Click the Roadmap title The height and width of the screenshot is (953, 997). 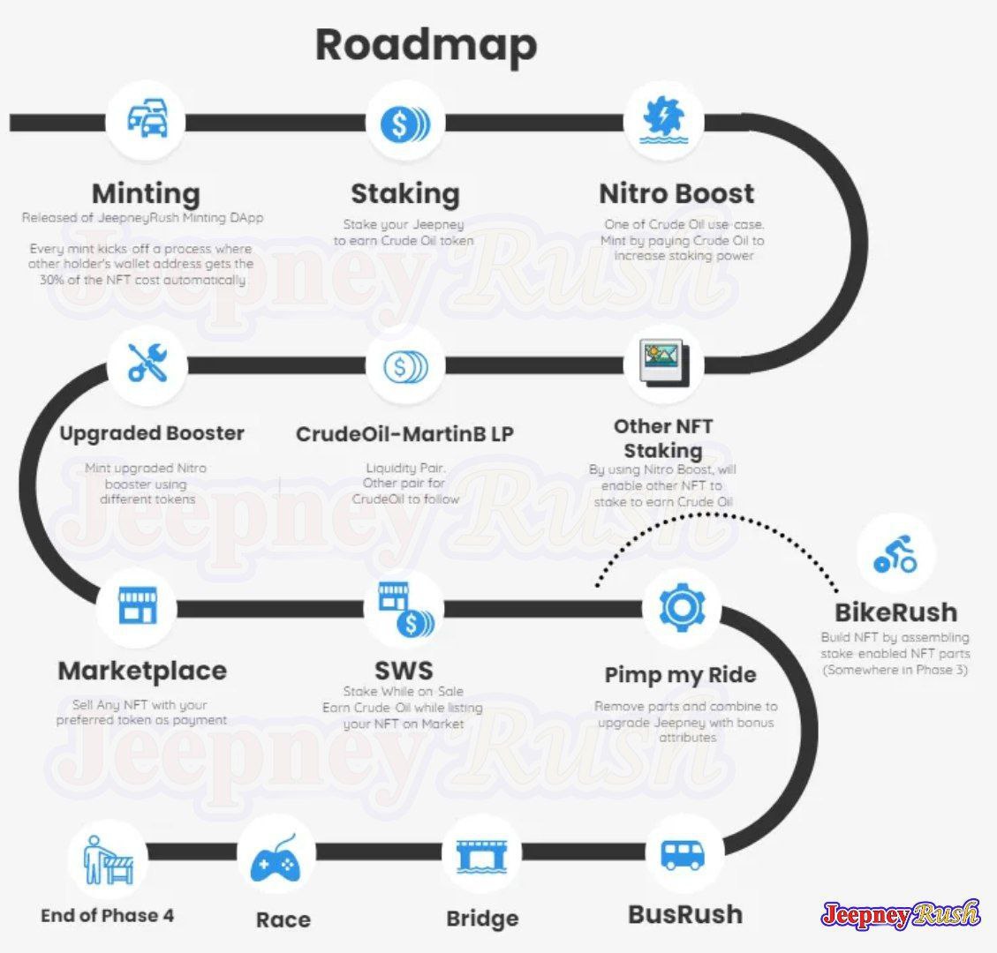(426, 46)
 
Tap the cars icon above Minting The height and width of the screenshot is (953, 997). (147, 118)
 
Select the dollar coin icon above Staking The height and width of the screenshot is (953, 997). (405, 124)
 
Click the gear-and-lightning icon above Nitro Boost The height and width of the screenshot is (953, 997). (664, 119)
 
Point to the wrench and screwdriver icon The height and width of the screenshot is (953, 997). (147, 363)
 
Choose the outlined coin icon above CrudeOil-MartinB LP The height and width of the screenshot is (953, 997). (405, 366)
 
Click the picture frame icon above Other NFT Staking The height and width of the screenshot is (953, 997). (664, 363)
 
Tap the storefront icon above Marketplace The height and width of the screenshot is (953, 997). (138, 604)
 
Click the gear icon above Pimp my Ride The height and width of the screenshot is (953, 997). (682, 608)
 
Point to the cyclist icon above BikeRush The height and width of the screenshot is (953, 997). (895, 554)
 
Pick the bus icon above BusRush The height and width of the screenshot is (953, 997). (683, 855)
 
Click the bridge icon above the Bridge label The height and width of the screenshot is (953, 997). (481, 855)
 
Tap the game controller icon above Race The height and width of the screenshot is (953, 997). (276, 859)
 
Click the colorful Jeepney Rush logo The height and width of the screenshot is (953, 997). (900, 915)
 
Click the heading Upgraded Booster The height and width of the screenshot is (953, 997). (152, 433)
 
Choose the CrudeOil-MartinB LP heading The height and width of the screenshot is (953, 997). (405, 434)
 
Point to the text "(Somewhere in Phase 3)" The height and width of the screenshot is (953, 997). (895, 670)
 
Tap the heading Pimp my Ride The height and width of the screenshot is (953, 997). (680, 675)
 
